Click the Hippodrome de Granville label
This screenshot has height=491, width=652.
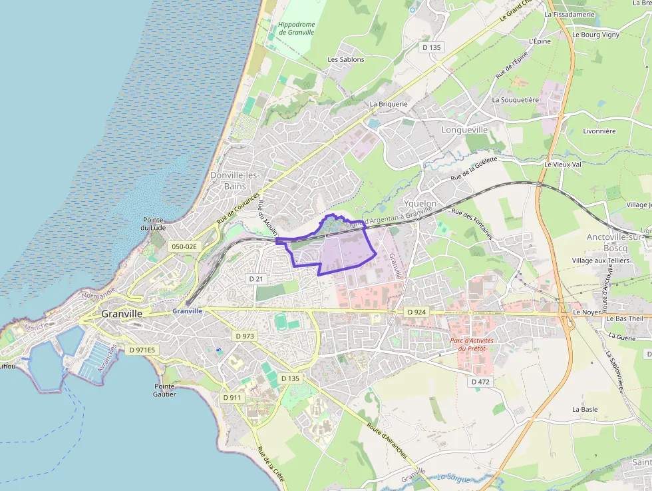[297, 29]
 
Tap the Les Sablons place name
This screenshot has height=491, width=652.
[346, 59]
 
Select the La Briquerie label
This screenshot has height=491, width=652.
[388, 104]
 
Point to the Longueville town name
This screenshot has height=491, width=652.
[464, 130]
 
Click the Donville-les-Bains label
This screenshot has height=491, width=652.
[235, 181]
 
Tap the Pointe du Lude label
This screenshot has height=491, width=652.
[153, 224]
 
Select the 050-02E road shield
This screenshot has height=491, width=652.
[184, 246]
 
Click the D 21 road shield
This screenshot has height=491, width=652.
[257, 278]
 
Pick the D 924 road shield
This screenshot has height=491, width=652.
[416, 312]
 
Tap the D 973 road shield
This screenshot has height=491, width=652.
[244, 336]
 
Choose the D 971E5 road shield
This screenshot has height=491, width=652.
[142, 350]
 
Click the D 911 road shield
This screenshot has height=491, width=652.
[232, 398]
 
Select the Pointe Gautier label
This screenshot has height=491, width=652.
[164, 390]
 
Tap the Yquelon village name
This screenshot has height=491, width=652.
[420, 203]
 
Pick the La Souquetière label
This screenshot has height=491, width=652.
[515, 99]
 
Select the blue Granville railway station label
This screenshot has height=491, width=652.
[186, 311]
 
